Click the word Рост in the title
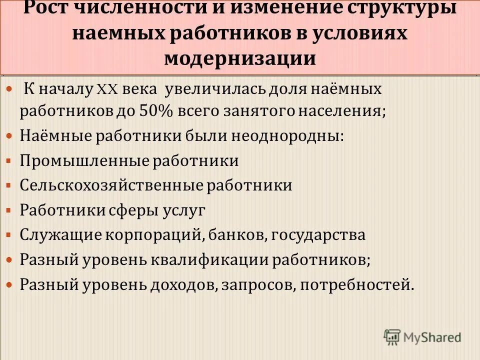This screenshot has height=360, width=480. coord(49,8)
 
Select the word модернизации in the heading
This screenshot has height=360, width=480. coord(240,57)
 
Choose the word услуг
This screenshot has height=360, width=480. coord(183,209)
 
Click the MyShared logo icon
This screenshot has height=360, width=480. coord(393,337)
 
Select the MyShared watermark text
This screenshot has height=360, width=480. coord(432,337)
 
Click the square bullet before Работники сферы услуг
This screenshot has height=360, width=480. coord(8,210)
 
